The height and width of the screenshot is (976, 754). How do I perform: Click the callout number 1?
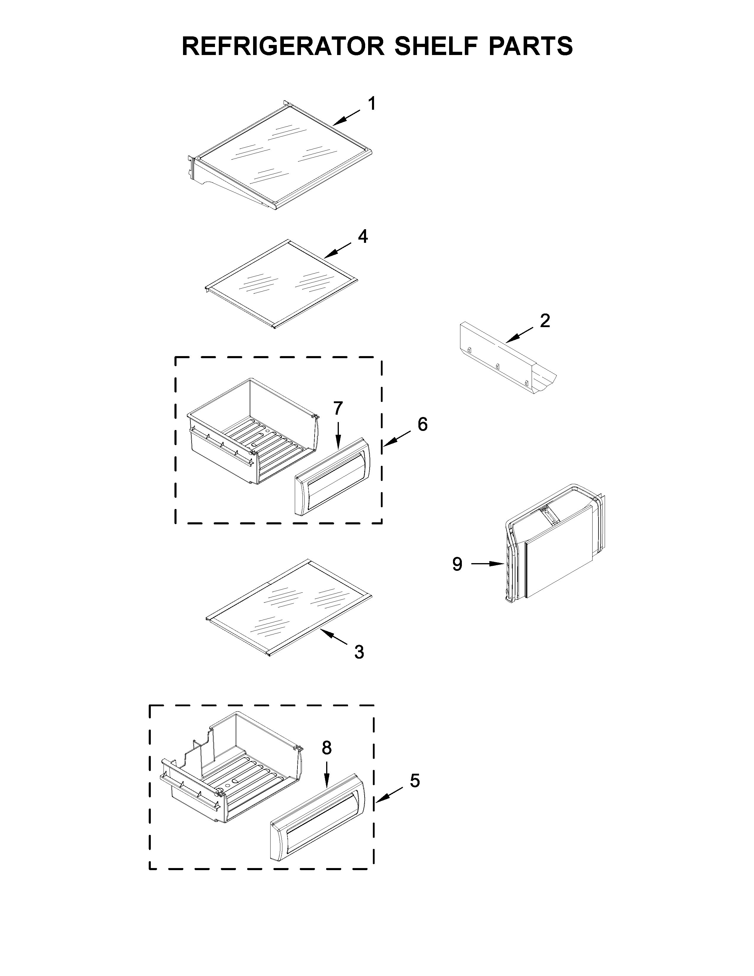[371, 104]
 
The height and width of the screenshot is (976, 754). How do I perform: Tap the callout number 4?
[363, 236]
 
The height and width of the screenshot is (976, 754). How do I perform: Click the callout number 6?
[423, 424]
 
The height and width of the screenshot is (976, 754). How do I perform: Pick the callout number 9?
[457, 564]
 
